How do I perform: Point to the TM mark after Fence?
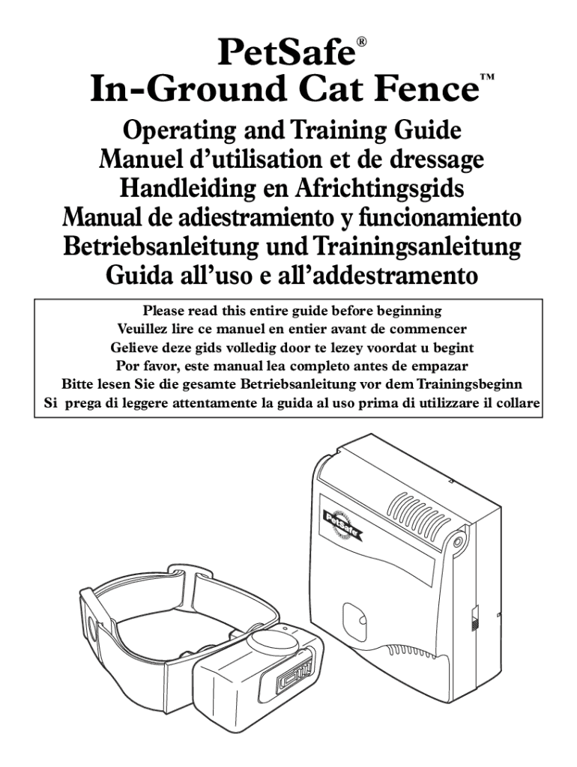[x=487, y=77]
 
